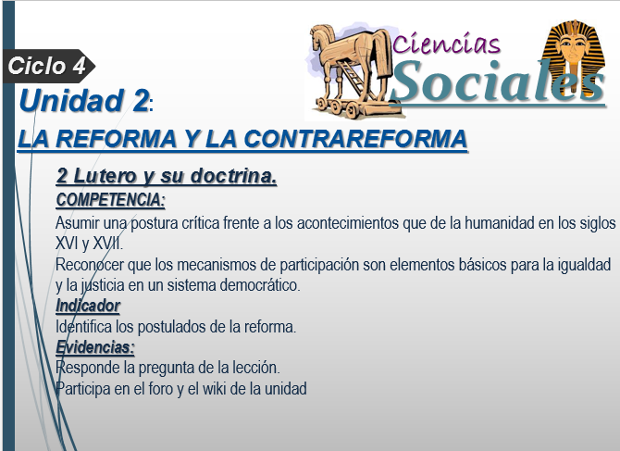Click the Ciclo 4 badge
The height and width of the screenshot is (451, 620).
tap(48, 66)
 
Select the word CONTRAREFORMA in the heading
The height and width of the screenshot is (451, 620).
tap(355, 139)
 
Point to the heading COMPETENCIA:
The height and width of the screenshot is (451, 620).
tap(110, 200)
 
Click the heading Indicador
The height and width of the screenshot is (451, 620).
tap(88, 306)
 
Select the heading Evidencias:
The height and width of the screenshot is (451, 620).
tap(95, 347)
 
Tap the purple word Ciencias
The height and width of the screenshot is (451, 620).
tap(446, 44)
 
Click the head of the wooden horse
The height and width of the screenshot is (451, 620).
tap(321, 37)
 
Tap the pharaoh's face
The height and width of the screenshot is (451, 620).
tap(574, 47)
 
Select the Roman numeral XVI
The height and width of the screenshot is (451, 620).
tap(67, 244)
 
